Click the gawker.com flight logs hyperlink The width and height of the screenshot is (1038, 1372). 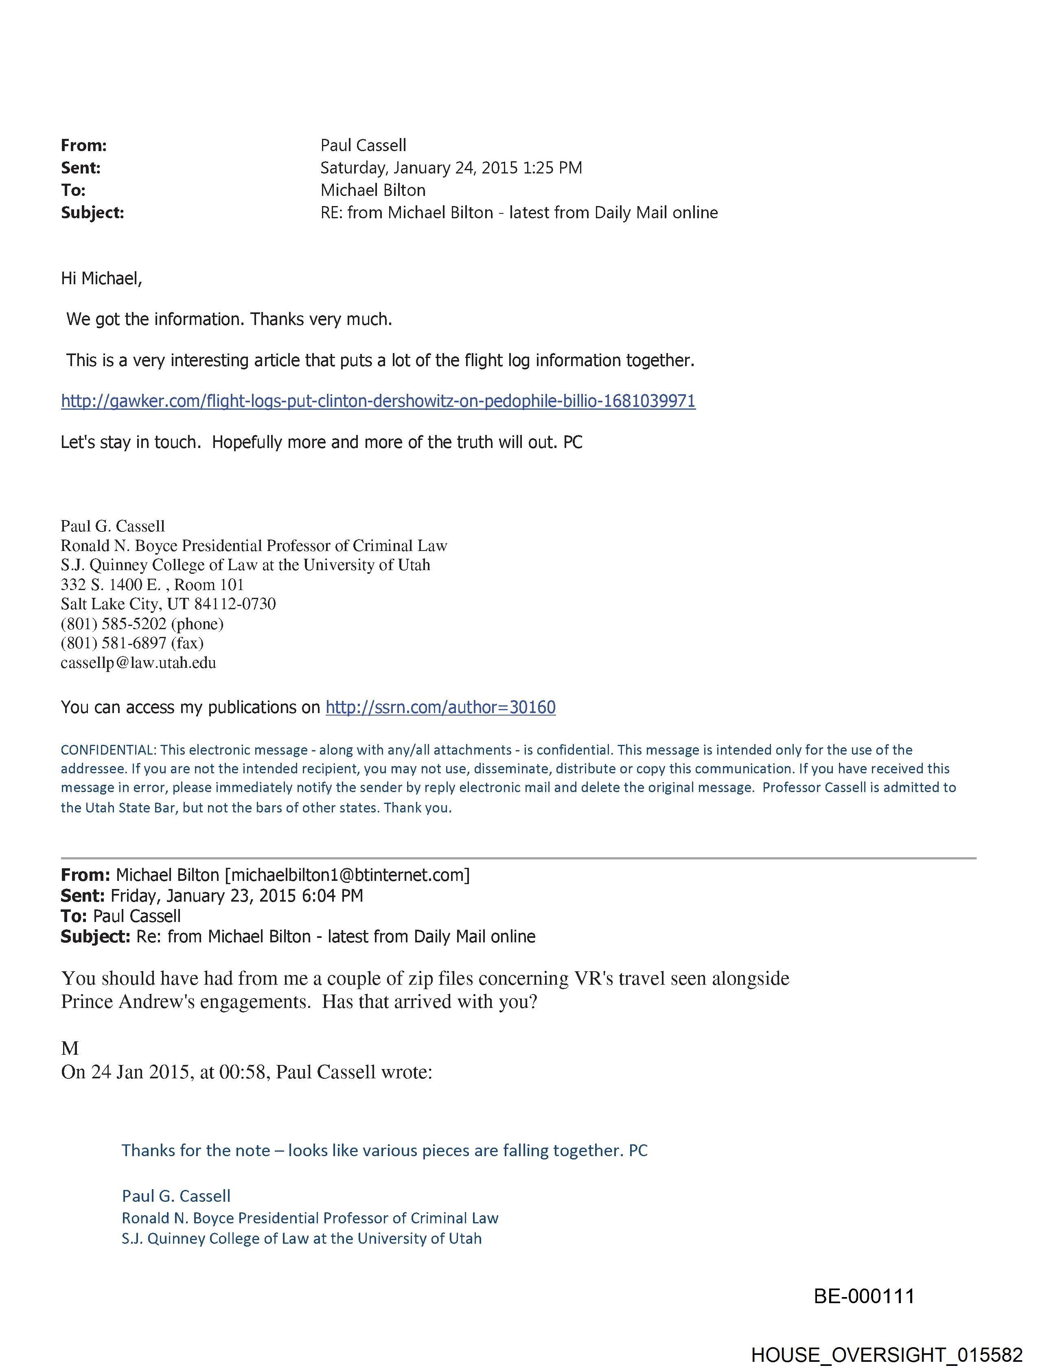point(378,401)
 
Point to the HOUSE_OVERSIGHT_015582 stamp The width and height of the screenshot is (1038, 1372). point(886,1354)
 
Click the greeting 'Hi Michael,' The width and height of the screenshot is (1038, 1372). point(101,279)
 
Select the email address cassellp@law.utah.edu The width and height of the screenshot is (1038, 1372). point(138,663)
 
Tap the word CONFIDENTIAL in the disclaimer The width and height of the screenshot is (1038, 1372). point(108,749)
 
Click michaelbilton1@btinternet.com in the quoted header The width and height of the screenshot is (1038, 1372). point(347,875)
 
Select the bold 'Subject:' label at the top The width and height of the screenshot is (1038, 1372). point(92,213)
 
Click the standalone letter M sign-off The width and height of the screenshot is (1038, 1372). point(70,1048)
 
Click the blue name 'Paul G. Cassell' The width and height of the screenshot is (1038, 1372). point(176,1196)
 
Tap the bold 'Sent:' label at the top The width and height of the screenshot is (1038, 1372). point(81,168)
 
